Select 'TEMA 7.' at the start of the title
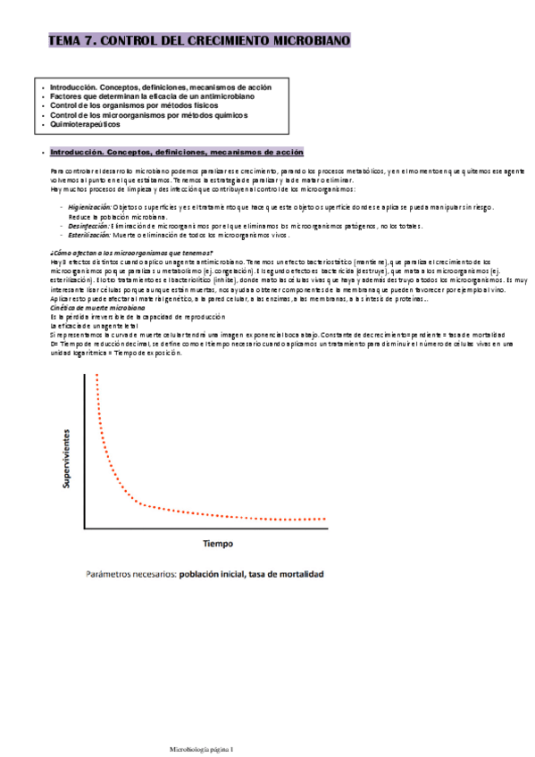[x=72, y=40]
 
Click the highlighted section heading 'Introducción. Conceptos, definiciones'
[x=177, y=152]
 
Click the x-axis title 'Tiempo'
[x=217, y=543]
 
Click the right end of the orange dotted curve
[x=327, y=518]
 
